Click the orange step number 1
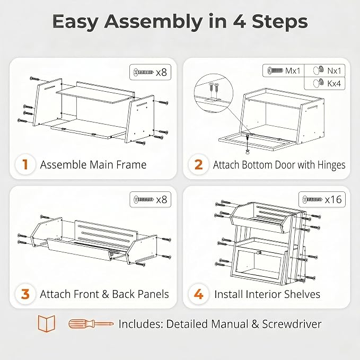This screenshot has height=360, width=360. pos(25,164)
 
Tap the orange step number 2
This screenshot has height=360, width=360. pos(199,164)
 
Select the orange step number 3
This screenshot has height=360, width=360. pos(25,294)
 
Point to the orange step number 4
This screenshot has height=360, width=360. pos(199,294)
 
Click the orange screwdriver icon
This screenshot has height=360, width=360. pos(91,324)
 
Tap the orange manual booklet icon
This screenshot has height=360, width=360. pos(46,323)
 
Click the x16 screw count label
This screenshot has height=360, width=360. pos(333,199)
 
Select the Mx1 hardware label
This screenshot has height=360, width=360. pos(293,71)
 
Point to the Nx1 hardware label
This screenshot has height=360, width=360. pos(334,71)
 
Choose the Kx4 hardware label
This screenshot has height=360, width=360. pos(334,83)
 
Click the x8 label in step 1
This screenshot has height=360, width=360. pos(161,72)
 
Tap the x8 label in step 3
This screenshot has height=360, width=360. pos(161,199)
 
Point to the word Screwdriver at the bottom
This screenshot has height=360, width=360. pos(292,324)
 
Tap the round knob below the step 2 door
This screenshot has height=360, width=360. pos(248,151)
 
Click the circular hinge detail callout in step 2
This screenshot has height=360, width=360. pos(214,93)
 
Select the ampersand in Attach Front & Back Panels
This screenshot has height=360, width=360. pos(106,294)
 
